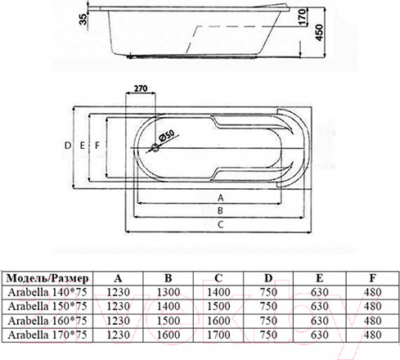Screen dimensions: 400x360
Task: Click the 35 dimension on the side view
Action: pos(83,19)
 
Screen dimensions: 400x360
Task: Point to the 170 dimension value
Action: pos(302,17)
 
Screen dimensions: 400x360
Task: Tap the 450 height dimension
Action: pos(319,33)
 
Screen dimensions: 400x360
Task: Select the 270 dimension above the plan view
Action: pos(141,88)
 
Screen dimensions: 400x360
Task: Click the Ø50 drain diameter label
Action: pos(166,136)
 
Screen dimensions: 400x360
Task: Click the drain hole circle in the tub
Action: pos(155,147)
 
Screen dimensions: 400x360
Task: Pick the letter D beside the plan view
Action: pos(68,146)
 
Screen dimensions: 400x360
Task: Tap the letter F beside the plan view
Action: pos(97,146)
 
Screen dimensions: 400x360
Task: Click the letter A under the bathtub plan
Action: pos(221,198)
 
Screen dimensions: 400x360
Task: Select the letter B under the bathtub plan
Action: pos(220,211)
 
